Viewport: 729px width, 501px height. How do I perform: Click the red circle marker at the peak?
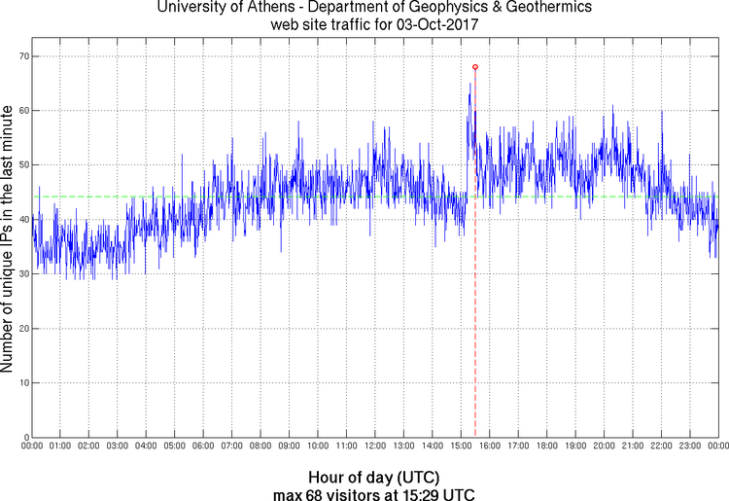(475, 67)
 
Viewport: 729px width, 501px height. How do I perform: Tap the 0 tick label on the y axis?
(23, 437)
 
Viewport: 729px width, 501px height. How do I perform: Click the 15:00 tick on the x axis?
(461, 447)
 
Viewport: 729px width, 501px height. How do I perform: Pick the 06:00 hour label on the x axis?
(203, 447)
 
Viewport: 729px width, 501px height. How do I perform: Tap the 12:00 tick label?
(375, 447)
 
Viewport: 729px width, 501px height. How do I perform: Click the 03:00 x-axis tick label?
(117, 447)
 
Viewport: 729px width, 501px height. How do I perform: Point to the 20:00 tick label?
(604, 447)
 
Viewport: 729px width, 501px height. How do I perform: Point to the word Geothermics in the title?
(531, 9)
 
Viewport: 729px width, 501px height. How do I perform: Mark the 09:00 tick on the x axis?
(289, 447)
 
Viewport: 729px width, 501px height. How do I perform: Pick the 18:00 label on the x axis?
(546, 447)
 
